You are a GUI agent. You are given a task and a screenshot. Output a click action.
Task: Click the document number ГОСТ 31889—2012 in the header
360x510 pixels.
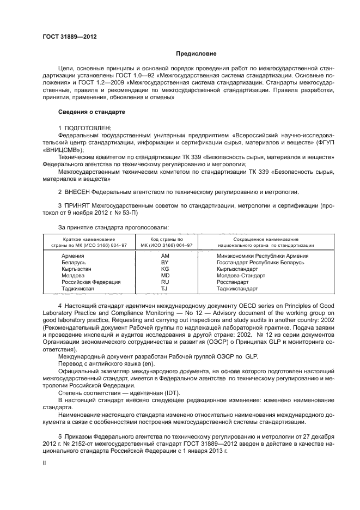point(65,37)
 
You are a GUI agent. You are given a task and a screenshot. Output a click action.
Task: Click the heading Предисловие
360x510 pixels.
point(196,54)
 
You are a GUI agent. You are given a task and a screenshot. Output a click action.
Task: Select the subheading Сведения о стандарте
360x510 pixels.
point(91,112)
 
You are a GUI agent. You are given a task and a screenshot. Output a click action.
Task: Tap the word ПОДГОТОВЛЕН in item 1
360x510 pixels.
point(87,127)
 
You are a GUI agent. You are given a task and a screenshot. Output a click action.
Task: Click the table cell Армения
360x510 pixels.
point(72,255)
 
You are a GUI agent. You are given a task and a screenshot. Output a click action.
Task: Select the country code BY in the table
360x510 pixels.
point(166,262)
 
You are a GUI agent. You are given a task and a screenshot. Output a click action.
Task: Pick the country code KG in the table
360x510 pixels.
point(166,269)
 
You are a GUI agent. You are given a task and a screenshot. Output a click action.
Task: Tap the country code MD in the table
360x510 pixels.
point(166,275)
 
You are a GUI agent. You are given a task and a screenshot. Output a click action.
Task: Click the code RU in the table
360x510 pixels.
point(166,282)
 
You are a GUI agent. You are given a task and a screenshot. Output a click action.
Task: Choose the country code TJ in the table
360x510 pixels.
point(166,288)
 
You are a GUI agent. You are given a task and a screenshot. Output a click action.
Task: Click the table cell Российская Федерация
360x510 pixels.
point(90,282)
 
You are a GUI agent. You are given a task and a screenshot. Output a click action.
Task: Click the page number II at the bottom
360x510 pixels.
point(45,462)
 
